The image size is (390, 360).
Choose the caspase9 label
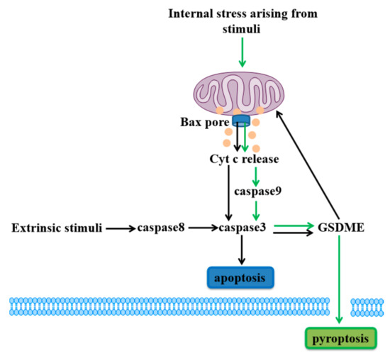click(254, 191)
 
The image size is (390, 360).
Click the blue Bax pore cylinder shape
click(243, 120)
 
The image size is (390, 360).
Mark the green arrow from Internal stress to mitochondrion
click(243, 53)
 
